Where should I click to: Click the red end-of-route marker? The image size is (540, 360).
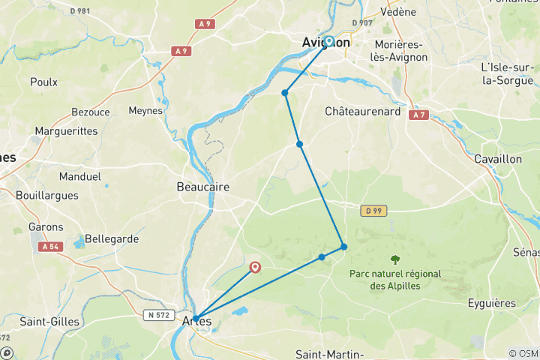tap(255, 266)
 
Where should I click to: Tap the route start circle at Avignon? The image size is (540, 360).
tap(328, 41)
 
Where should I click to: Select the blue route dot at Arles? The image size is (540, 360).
tap(196, 319)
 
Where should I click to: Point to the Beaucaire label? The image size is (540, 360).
tap(202, 187)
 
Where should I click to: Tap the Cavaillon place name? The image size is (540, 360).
tap(498, 159)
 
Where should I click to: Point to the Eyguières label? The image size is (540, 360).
tap(490, 303)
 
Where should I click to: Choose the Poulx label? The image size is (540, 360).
tap(43, 82)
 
